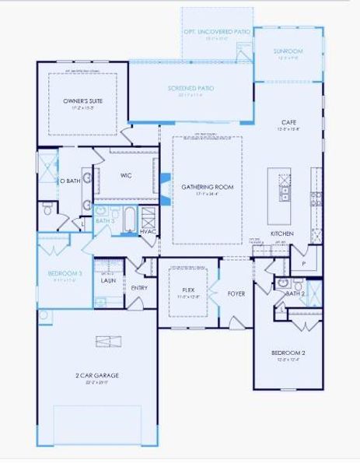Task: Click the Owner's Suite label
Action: click(83, 101)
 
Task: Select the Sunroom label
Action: click(288, 51)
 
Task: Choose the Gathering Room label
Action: click(208, 187)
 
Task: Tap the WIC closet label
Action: click(126, 176)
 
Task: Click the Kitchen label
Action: click(281, 233)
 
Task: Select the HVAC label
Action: click(148, 232)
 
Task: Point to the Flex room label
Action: click(187, 289)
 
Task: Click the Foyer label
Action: click(236, 293)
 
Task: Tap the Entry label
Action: click(139, 288)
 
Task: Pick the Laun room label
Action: click(108, 280)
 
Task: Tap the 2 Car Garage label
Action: click(97, 377)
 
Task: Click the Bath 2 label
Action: click(294, 293)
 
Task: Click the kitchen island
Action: click(284, 184)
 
